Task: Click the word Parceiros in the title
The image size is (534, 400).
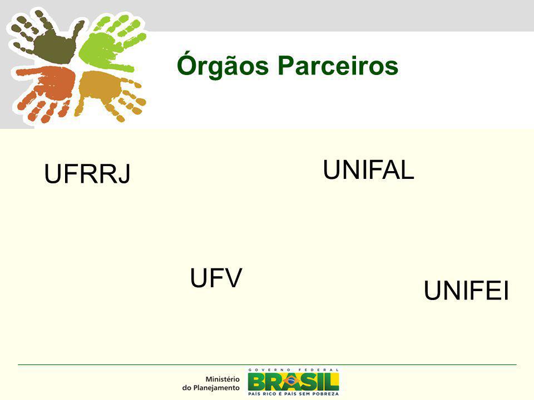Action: click(x=338, y=66)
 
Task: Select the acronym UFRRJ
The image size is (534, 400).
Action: click(x=87, y=174)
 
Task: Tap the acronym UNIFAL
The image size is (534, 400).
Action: click(x=368, y=169)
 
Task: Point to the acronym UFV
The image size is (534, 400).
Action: click(x=216, y=278)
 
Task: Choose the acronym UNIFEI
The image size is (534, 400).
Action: click(x=466, y=291)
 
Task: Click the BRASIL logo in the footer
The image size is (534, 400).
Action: click(x=293, y=381)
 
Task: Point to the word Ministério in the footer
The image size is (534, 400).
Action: click(x=222, y=379)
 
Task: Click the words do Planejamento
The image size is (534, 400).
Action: click(x=211, y=388)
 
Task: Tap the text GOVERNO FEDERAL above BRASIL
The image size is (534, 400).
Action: click(x=294, y=370)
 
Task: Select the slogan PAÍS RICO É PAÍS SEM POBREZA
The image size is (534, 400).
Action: click(x=294, y=394)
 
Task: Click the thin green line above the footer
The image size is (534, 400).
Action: click(x=268, y=364)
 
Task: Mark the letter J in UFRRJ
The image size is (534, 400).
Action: click(x=125, y=174)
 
